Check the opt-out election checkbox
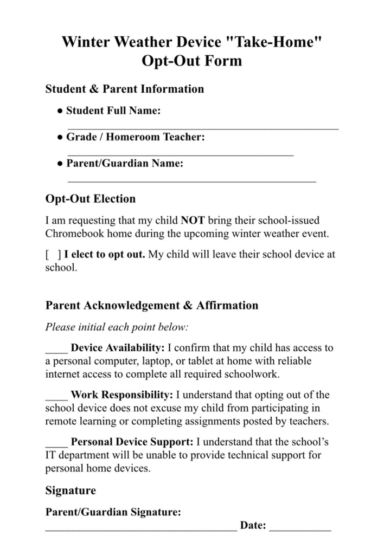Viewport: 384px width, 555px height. point(53,255)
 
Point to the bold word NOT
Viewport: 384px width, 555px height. point(192,221)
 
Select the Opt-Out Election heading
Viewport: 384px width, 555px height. point(91,199)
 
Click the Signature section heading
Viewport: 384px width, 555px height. point(71,491)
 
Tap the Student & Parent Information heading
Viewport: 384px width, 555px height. point(125,89)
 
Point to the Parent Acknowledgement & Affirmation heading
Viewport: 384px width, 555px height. point(152,305)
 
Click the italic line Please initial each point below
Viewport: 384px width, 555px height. point(117,327)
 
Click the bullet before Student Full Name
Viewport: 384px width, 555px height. point(60,111)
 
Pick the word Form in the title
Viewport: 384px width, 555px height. point(223,61)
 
